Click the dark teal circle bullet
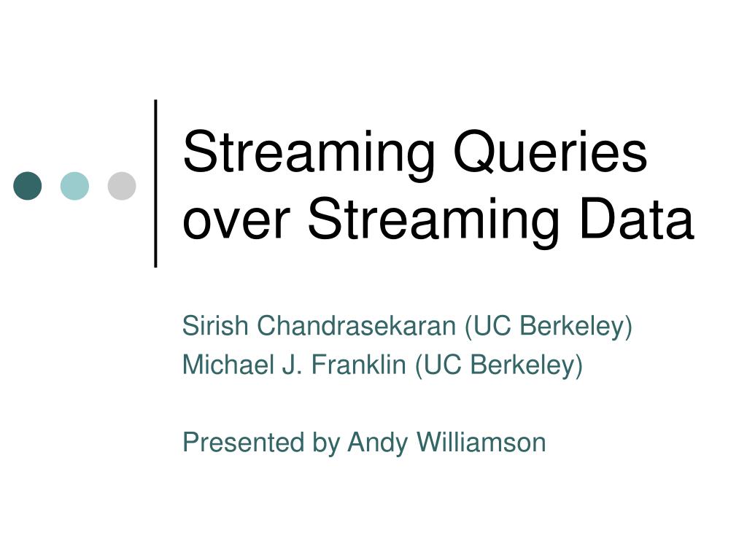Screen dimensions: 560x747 point(28,186)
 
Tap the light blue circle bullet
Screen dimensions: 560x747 point(74,186)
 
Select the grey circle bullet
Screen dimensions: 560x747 point(122,186)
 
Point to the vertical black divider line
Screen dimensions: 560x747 point(156,182)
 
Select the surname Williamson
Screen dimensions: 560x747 point(481,442)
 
